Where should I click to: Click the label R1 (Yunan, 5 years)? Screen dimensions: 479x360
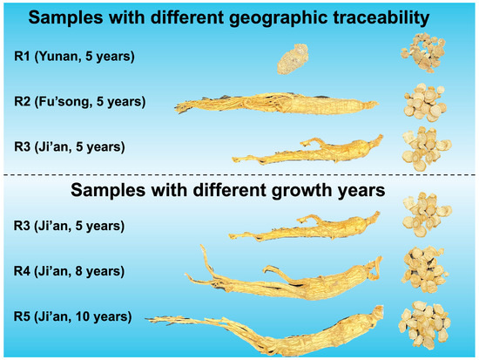[74, 57]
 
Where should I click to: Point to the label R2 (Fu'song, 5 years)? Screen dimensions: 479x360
[80, 102]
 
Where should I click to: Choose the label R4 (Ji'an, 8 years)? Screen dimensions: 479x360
[69, 271]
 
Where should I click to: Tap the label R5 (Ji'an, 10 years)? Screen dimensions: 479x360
[72, 316]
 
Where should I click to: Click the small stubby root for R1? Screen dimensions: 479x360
[293, 59]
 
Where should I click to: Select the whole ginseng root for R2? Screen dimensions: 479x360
[276, 104]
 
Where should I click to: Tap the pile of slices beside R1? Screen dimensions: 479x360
[423, 52]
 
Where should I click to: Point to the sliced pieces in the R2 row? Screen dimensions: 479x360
[425, 103]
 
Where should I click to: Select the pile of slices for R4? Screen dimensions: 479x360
[425, 270]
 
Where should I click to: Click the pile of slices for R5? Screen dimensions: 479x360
[425, 324]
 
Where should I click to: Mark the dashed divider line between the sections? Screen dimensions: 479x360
[239, 175]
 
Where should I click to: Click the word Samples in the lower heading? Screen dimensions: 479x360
[108, 191]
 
